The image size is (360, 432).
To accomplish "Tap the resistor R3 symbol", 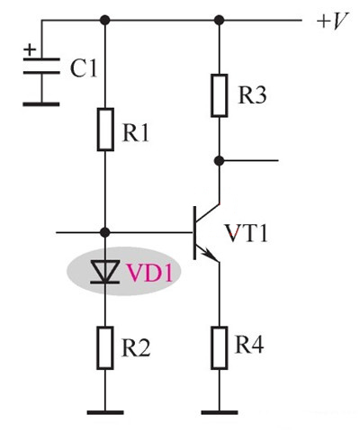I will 219,94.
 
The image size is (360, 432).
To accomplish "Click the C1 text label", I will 83,68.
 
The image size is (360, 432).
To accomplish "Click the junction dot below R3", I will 219,161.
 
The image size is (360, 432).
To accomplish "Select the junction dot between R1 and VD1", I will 106,232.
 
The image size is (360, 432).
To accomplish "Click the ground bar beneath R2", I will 106,412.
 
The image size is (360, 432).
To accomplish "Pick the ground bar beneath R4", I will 219,412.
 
